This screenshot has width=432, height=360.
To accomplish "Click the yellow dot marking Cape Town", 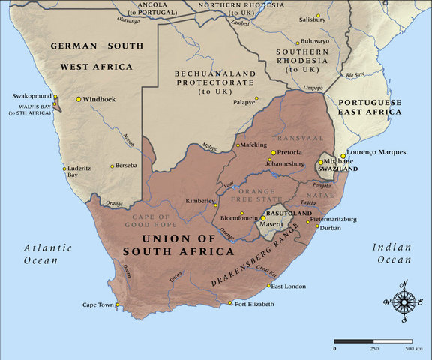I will coord(117,304).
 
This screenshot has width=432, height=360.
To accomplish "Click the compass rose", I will coord(403,301).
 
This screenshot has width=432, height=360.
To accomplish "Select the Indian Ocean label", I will coord(392,253).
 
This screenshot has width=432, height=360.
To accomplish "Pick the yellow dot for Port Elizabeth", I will coord(230,303).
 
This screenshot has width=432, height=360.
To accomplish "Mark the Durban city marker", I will coord(313,228).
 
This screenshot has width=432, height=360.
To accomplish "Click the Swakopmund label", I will coord(31,97).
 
